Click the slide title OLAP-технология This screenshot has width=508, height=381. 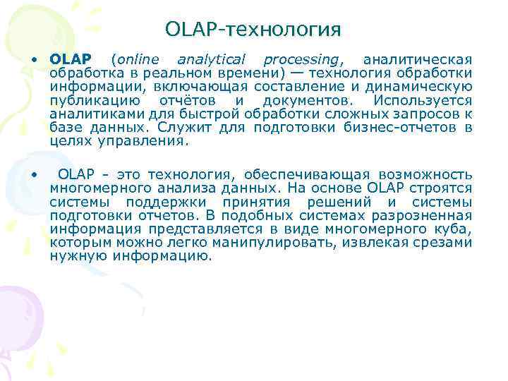pyautogui.click(x=253, y=29)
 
